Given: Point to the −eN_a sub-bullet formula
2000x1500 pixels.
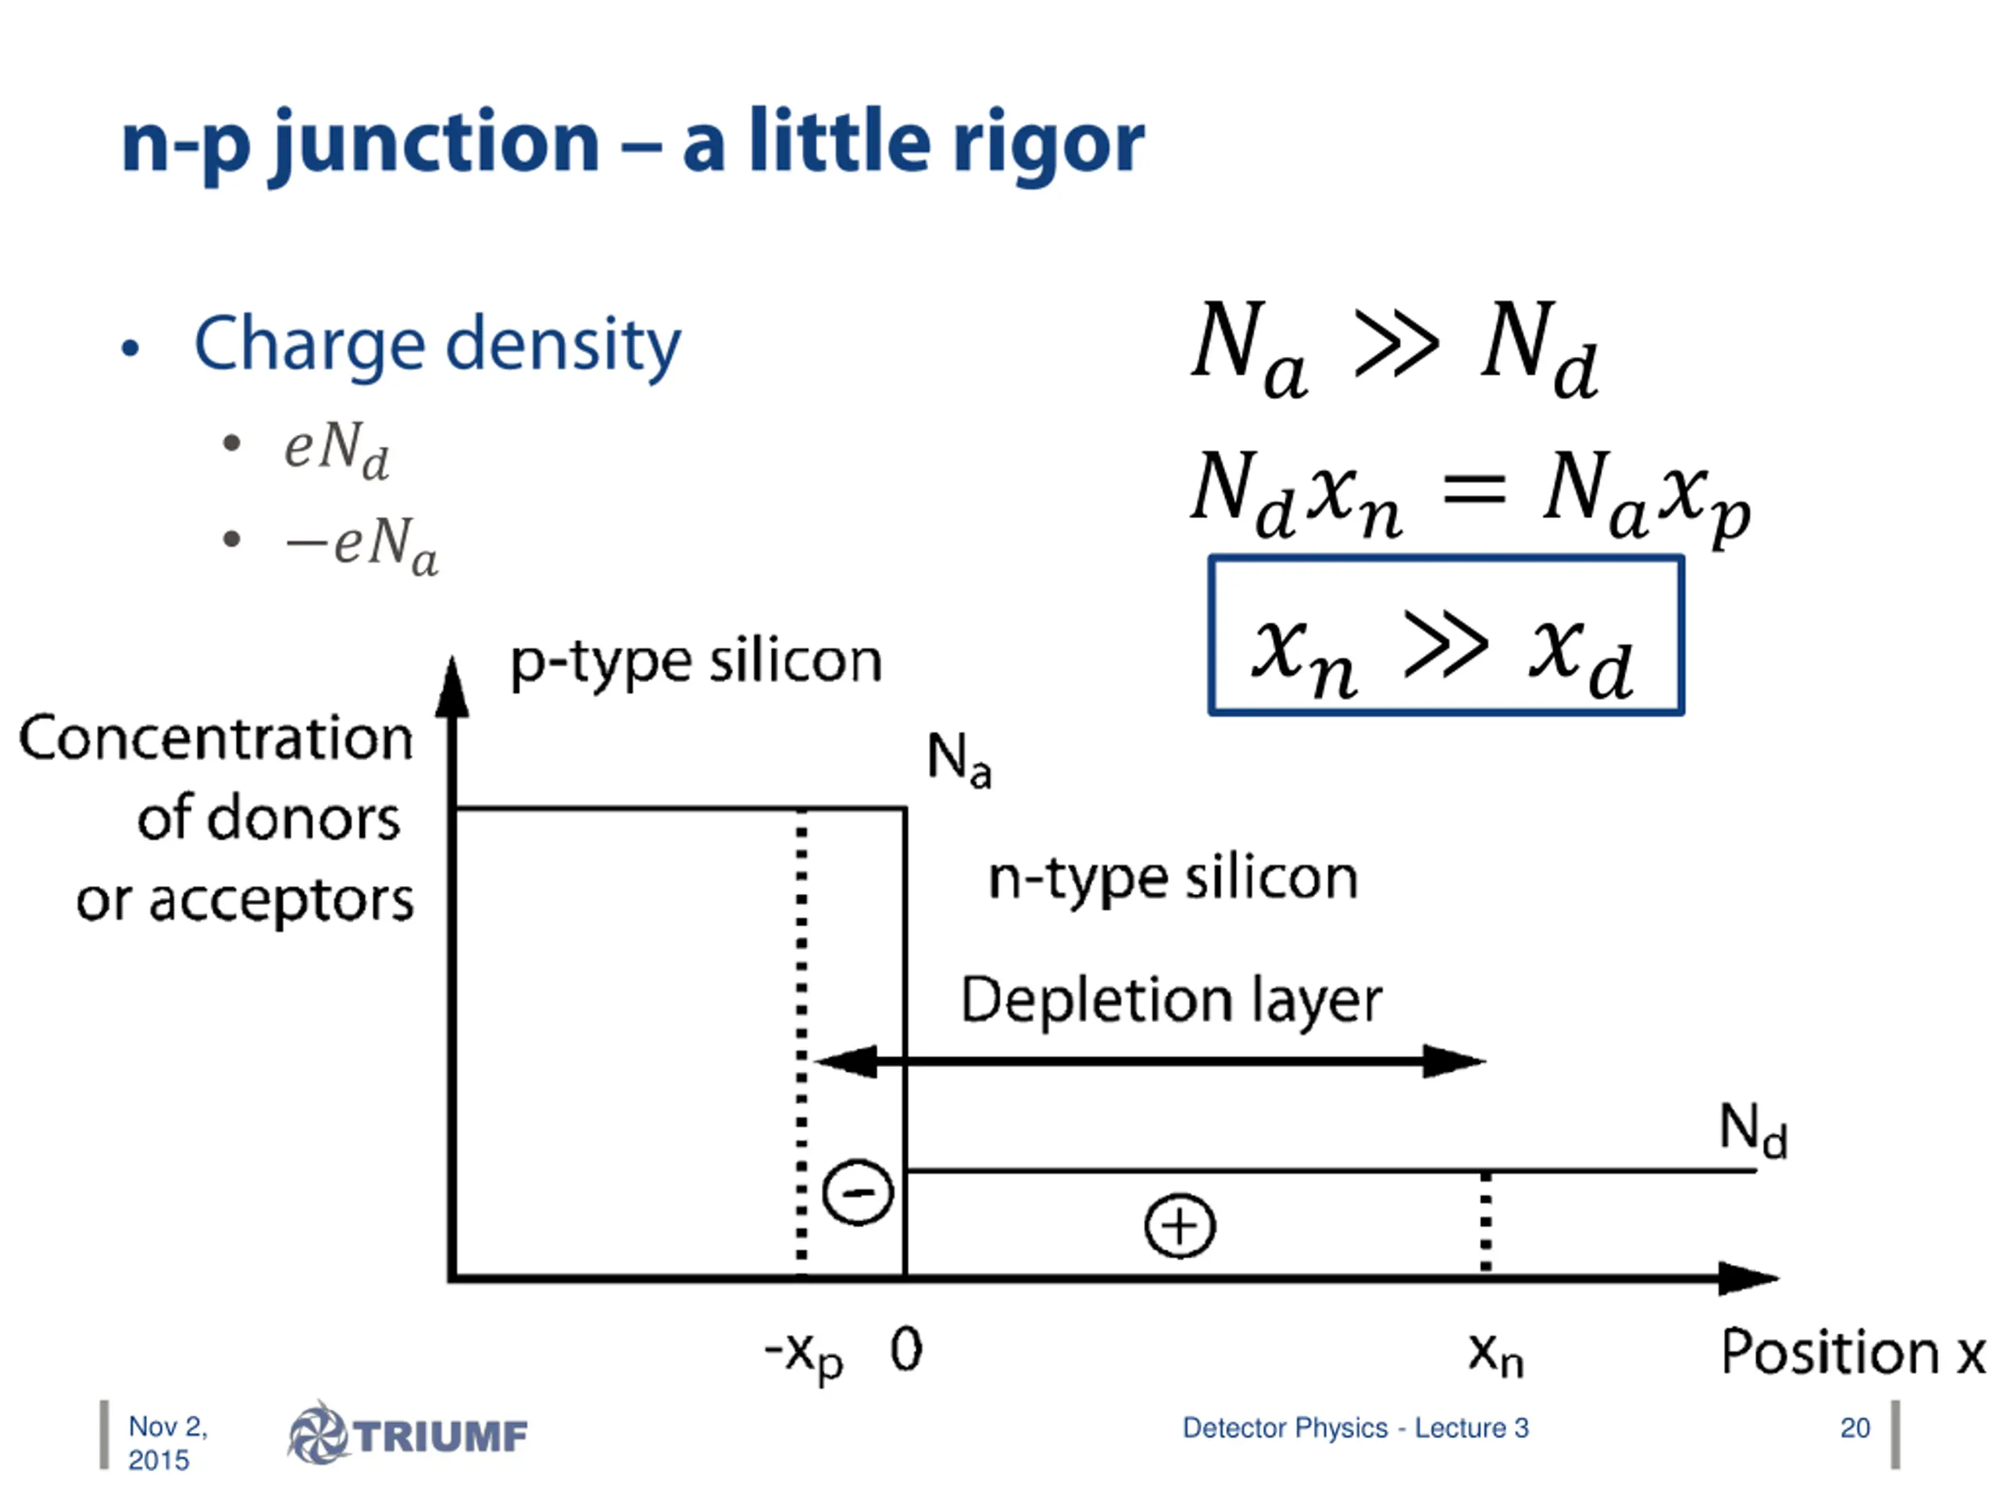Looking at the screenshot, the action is pyautogui.click(x=362, y=545).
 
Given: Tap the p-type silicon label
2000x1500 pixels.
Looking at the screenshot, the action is pyautogui.click(x=695, y=662).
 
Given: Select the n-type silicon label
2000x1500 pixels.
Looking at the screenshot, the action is pyautogui.click(x=1173, y=879).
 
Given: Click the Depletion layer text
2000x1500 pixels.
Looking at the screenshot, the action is pyautogui.click(x=1171, y=1001).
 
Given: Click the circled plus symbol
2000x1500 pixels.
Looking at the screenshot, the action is pyautogui.click(x=1179, y=1226).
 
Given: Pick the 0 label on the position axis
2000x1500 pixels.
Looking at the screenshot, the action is pyautogui.click(x=906, y=1351).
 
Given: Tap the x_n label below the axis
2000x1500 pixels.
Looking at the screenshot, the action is pyautogui.click(x=1495, y=1355).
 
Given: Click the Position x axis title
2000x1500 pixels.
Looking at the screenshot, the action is pyautogui.click(x=1852, y=1354).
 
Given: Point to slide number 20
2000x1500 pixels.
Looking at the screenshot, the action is pyautogui.click(x=1855, y=1427).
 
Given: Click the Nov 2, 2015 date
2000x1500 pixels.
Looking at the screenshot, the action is pyautogui.click(x=167, y=1443).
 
